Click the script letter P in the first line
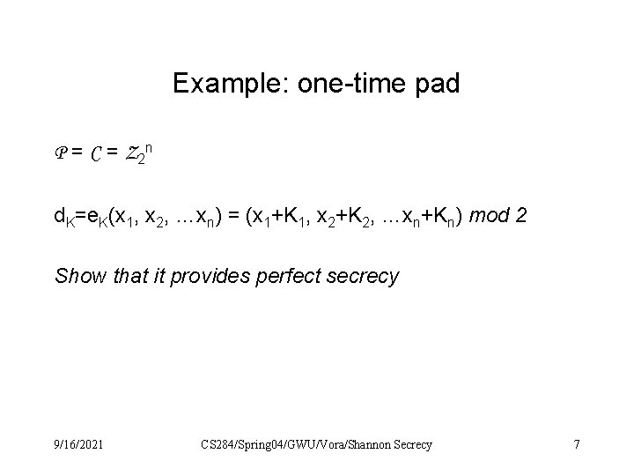[x=61, y=153]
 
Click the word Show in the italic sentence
[x=76, y=277]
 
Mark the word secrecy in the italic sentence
[x=365, y=277]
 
